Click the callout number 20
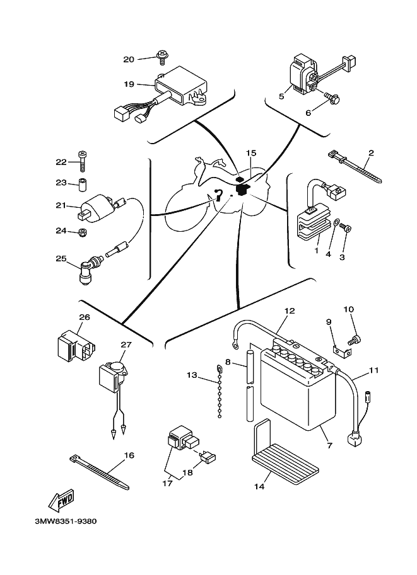point(129,60)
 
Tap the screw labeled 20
point(162,57)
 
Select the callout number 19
point(129,84)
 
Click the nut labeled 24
point(81,234)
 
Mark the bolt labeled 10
point(355,339)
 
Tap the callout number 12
point(290,310)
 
